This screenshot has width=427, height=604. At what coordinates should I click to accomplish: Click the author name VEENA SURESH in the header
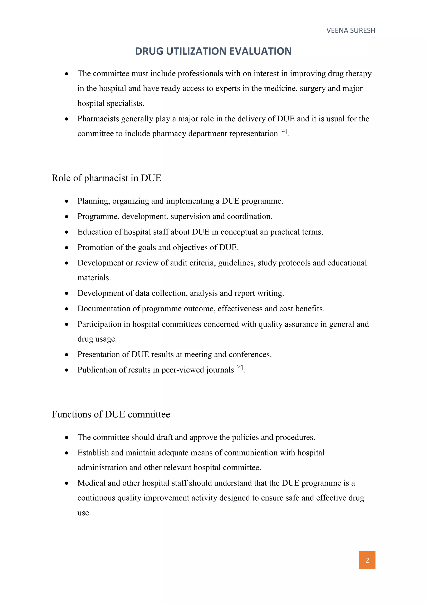tap(350, 30)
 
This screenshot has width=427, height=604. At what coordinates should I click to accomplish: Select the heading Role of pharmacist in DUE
tap(106, 178)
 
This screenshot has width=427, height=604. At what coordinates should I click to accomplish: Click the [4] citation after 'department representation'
tap(283, 131)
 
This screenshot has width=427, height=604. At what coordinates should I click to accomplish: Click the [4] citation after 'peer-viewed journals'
tap(240, 367)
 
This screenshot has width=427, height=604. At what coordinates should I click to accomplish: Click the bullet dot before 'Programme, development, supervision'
tap(67, 217)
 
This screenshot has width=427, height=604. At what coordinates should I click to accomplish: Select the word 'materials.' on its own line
tap(94, 278)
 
